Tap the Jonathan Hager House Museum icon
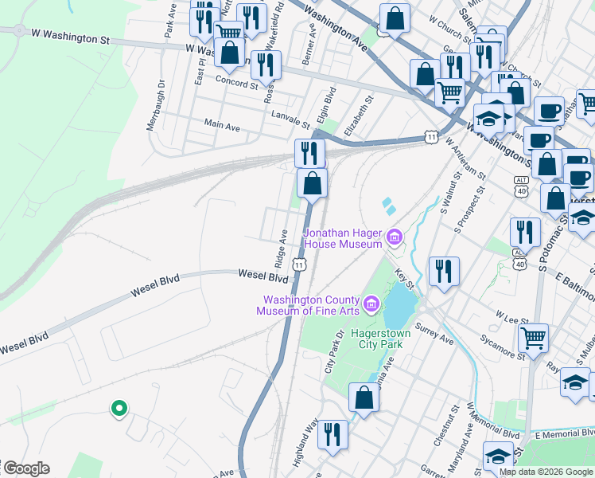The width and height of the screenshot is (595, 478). pyautogui.click(x=394, y=237)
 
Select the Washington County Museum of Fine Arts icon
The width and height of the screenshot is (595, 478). pyautogui.click(x=371, y=304)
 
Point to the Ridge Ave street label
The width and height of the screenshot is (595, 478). pyautogui.click(x=281, y=248)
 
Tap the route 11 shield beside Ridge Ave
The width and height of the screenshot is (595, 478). pyautogui.click(x=298, y=262)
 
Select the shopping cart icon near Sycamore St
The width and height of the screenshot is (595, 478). pyautogui.click(x=533, y=336)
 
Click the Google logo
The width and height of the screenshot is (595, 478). pyautogui.click(x=25, y=468)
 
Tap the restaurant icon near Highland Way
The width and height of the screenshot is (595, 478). pyautogui.click(x=332, y=435)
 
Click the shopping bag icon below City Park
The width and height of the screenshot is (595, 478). pyautogui.click(x=364, y=398)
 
